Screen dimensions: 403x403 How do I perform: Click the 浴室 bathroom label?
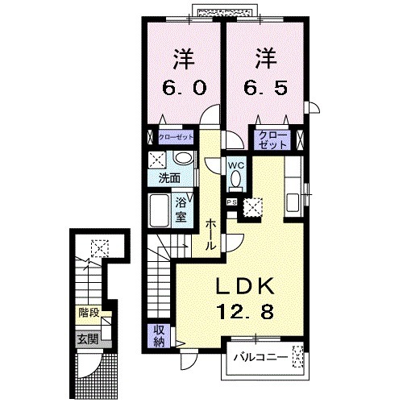click(182, 210)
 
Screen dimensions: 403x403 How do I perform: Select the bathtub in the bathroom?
click(160, 210)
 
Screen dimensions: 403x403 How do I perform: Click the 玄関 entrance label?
click(87, 339)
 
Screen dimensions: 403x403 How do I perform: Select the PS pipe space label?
click(231, 202)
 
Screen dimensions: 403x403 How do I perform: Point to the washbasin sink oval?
click(183, 158)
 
